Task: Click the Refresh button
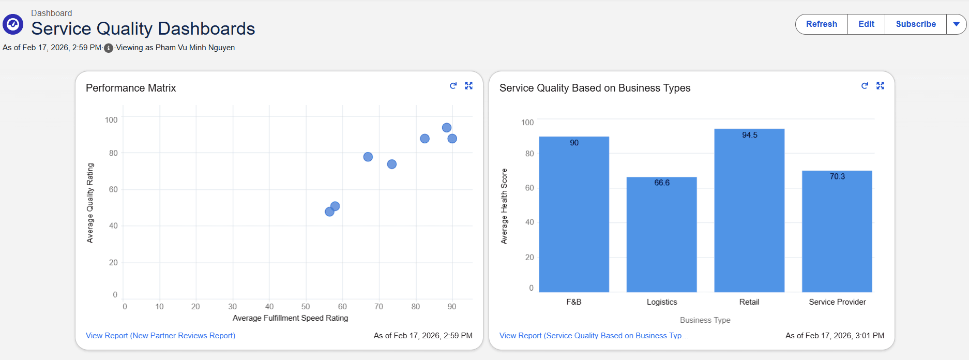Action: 821,24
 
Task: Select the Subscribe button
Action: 915,24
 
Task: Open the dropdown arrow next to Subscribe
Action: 956,24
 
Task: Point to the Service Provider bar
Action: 837,233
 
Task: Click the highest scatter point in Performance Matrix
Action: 447,128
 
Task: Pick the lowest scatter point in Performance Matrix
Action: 329,212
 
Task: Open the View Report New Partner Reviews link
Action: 160,336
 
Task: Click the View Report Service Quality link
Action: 594,336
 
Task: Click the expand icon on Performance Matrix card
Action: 468,86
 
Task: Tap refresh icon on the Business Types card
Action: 865,86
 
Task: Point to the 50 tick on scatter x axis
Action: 306,307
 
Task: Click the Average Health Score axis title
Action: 504,206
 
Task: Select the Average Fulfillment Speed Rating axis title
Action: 290,318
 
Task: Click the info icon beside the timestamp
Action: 109,48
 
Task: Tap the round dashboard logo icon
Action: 13,24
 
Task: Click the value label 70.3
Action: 837,176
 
